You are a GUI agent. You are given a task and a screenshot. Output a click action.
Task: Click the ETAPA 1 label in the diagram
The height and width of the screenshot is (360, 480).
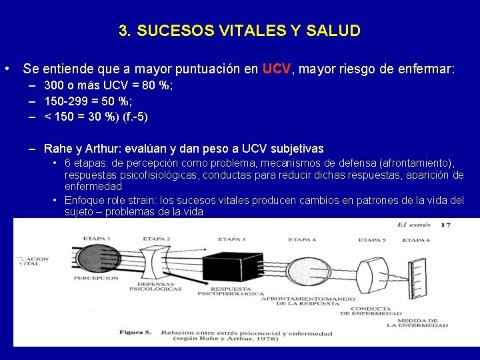click(98, 237)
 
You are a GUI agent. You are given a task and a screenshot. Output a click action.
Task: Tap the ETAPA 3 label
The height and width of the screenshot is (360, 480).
click(231, 239)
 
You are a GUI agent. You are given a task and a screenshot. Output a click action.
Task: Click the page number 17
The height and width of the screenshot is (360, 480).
click(446, 225)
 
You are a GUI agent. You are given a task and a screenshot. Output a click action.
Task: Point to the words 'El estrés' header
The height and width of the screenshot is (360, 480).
click(414, 225)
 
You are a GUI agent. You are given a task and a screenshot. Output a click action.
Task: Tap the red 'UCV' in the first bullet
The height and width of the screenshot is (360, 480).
click(277, 69)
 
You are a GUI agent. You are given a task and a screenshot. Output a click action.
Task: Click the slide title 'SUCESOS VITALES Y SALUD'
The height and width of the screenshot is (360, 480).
click(239, 31)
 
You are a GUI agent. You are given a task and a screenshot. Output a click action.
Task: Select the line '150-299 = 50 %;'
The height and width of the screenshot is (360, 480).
click(88, 101)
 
